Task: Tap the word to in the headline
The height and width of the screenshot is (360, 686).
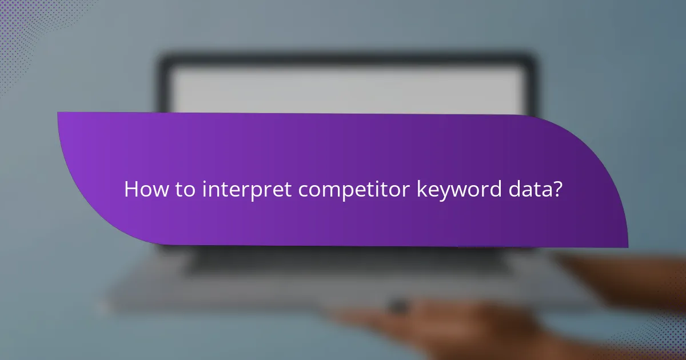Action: [184, 189]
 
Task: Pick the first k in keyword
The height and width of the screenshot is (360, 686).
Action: [420, 189]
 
